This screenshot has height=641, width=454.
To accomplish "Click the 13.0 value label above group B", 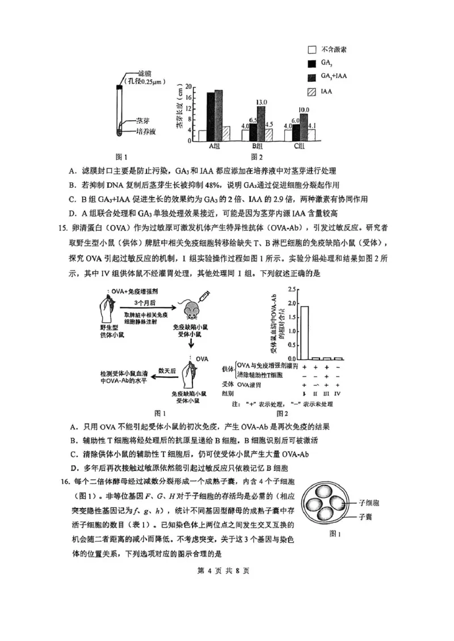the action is pyautogui.click(x=261, y=102).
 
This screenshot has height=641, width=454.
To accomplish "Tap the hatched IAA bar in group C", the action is pyautogui.click(x=311, y=134).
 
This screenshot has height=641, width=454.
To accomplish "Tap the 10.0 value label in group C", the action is pyautogui.click(x=304, y=109).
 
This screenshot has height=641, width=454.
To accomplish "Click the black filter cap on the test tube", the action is pyautogui.click(x=119, y=86).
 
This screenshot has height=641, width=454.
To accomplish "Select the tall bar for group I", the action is pyautogui.click(x=305, y=332).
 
